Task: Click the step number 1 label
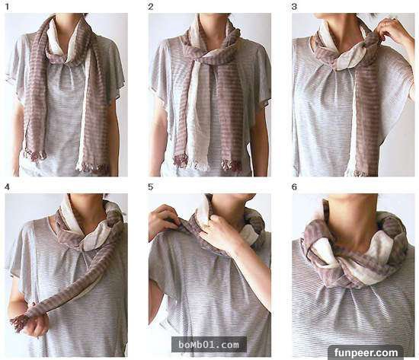coord(8,7)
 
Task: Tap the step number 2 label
coord(151,7)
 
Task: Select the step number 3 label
coord(294,7)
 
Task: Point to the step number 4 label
coord(7,187)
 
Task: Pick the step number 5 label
coord(151,187)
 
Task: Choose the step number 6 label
coord(294,187)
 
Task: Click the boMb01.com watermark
coord(209,345)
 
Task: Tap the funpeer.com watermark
coord(366,353)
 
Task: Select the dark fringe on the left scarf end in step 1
coord(34,156)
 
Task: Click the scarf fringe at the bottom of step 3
coord(360,173)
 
